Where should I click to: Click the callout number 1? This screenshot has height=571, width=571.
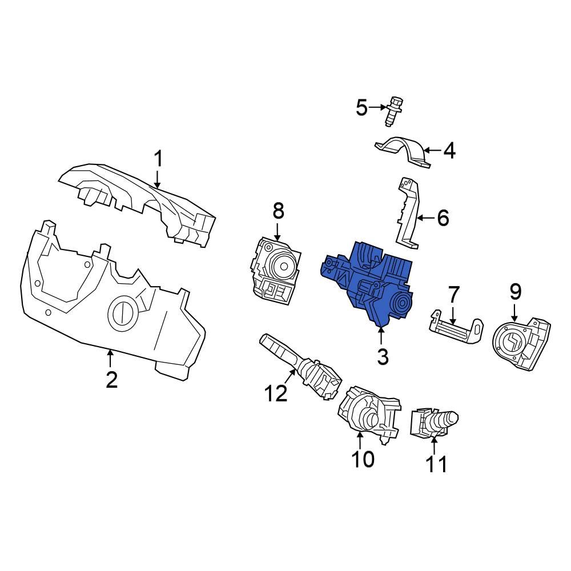coord(158,159)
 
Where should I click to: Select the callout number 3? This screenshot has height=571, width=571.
coord(382,357)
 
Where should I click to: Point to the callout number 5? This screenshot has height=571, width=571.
coord(362,107)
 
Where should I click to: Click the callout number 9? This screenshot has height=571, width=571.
coord(515,292)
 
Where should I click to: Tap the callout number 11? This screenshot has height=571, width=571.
coord(437,464)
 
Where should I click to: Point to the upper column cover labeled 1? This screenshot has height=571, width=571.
coord(143,200)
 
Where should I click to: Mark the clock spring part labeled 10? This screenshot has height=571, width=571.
coord(365,414)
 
